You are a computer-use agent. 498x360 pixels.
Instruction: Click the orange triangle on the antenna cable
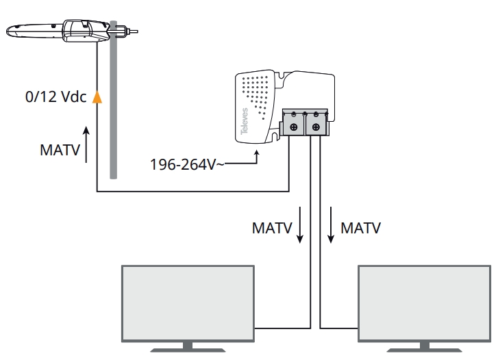[97, 97]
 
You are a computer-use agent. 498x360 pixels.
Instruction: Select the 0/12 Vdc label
[55, 97]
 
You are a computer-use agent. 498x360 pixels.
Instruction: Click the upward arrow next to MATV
[86, 144]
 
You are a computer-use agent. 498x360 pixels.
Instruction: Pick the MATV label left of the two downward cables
[272, 227]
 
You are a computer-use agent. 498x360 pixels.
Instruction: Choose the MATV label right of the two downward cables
[361, 227]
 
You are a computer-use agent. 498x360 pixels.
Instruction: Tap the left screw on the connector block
[293, 127]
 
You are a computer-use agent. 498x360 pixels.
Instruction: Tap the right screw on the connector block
[316, 127]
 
